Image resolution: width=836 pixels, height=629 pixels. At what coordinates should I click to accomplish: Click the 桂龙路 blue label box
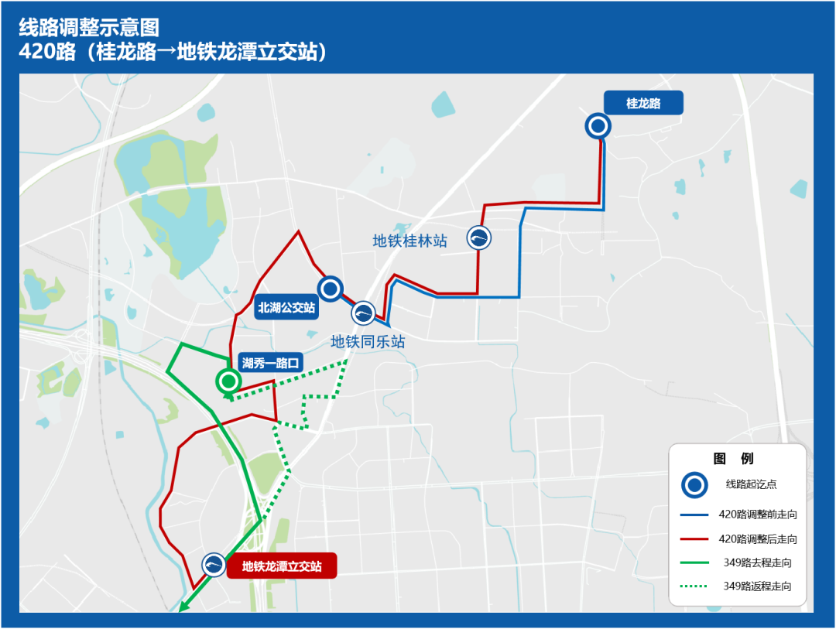(643, 103)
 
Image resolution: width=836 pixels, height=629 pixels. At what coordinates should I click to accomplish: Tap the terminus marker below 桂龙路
(597, 125)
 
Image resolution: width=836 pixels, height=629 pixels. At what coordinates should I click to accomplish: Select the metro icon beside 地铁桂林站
(479, 238)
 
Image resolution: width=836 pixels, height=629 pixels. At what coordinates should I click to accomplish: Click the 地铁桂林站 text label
(410, 241)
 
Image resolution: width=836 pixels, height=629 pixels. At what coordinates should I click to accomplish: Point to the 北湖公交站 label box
(287, 308)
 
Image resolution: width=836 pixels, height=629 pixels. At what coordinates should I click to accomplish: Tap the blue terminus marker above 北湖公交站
(331, 289)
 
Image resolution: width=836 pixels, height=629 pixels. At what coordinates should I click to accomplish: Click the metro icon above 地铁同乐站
(363, 313)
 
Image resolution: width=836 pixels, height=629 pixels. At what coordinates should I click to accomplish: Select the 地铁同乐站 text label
(368, 341)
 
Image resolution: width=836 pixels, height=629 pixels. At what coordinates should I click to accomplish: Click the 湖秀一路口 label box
(270, 362)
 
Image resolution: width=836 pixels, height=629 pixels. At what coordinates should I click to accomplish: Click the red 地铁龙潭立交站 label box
(282, 566)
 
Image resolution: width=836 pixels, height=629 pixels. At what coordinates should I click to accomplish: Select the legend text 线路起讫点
(751, 484)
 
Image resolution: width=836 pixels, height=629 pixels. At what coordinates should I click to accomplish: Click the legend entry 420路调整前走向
(758, 514)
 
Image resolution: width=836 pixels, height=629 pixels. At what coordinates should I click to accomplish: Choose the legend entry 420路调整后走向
(758, 538)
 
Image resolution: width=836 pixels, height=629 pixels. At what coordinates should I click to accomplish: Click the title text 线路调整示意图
(89, 29)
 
